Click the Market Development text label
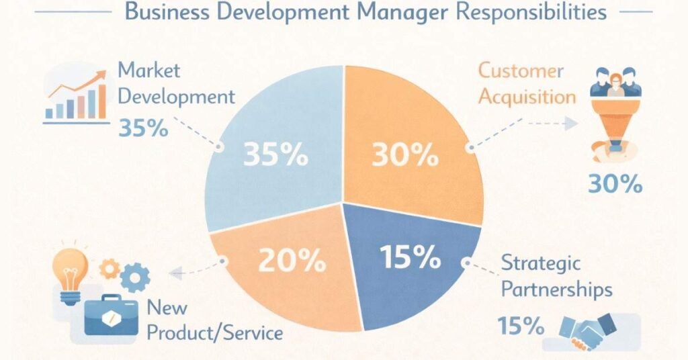pos(175,83)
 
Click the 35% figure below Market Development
pos(142,128)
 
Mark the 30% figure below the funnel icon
pos(614,183)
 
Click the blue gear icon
pos(137,275)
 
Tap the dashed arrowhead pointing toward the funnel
pos(570,124)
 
